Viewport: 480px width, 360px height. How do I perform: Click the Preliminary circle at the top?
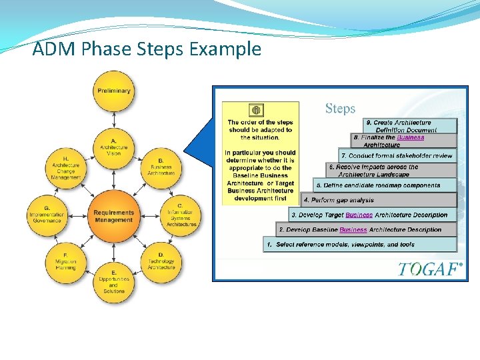(x=114, y=91)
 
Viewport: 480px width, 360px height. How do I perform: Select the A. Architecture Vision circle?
(x=114, y=146)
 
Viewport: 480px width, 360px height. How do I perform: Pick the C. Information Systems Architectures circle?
(x=181, y=215)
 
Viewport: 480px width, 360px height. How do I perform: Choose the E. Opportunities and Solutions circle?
(x=114, y=282)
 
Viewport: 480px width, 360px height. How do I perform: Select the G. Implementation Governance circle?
(x=47, y=215)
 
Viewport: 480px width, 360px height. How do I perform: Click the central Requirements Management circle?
(x=114, y=215)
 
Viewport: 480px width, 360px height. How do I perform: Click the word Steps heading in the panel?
(x=340, y=108)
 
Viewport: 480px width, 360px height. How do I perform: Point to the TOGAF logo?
(x=430, y=269)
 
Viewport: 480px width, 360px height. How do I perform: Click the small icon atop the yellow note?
(x=256, y=111)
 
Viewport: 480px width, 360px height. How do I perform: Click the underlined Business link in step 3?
(x=359, y=215)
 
